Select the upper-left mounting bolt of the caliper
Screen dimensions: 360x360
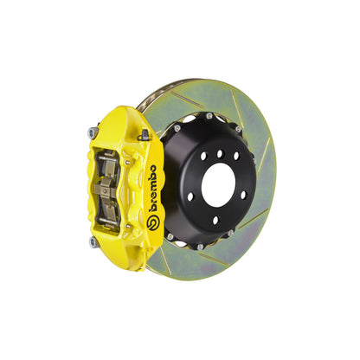(92, 132)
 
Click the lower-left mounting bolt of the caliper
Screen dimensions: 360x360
(93, 242)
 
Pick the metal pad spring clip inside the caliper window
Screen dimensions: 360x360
(110, 187)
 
